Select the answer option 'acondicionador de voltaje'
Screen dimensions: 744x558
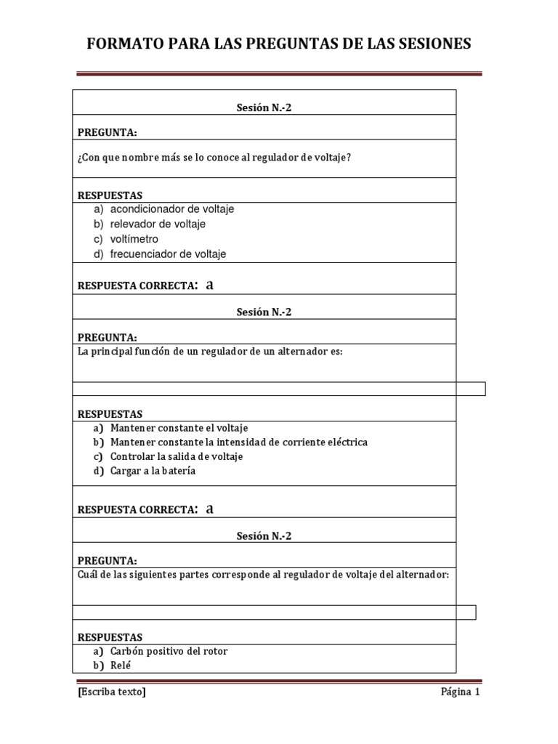tap(172, 209)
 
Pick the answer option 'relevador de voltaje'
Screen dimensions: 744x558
tap(158, 224)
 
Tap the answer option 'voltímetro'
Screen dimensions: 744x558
tap(134, 239)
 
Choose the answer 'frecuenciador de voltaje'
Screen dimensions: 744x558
tap(168, 254)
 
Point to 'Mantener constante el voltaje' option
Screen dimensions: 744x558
tap(179, 428)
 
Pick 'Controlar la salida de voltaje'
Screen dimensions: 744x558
tap(177, 456)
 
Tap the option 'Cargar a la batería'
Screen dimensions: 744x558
tap(153, 471)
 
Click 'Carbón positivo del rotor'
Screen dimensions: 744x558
tap(169, 651)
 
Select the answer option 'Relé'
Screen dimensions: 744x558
tap(121, 666)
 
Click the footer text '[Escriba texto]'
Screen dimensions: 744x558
tap(112, 692)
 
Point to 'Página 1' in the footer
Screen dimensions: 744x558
tap(461, 692)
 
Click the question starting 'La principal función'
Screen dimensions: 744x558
tap(209, 352)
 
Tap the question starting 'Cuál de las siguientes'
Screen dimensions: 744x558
tap(263, 575)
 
